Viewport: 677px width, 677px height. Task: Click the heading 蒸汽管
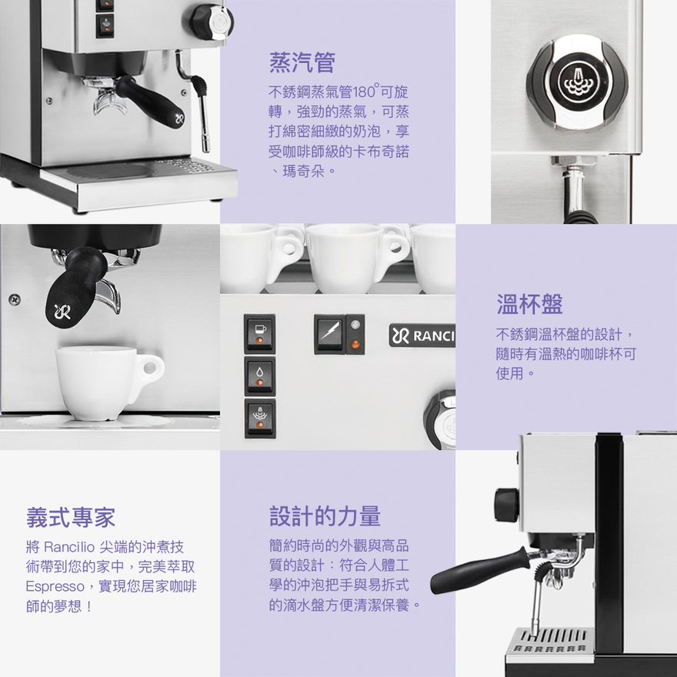(x=302, y=62)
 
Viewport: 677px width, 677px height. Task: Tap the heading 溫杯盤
(x=529, y=304)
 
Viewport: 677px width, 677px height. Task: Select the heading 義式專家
(x=71, y=517)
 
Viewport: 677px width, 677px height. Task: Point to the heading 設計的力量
(x=325, y=516)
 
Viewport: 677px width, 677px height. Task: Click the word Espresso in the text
(x=55, y=586)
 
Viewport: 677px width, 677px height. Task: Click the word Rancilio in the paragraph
(x=69, y=547)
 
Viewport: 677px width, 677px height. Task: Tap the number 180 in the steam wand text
(x=364, y=92)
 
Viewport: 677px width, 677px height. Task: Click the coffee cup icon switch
(x=259, y=334)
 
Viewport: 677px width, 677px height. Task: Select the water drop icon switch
(x=259, y=375)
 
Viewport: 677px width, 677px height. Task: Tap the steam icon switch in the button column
(x=260, y=418)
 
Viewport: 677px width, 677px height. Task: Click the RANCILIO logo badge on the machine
(x=422, y=335)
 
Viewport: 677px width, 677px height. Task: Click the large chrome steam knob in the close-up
(x=576, y=82)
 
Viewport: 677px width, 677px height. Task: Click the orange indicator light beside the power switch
(x=355, y=345)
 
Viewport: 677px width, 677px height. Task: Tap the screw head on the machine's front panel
(x=15, y=298)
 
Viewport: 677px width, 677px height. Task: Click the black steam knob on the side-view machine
(x=506, y=505)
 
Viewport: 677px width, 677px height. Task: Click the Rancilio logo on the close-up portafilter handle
(x=62, y=311)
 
